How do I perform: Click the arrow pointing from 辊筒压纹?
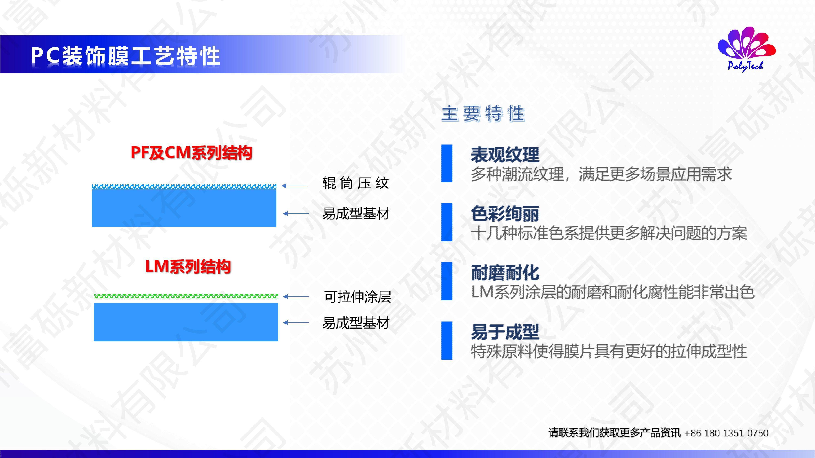point(295,186)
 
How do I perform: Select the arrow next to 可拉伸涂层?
point(296,297)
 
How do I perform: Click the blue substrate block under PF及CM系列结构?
point(184,208)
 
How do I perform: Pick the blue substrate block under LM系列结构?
point(186,322)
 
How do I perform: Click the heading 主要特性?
point(483,114)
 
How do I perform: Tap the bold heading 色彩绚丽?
point(505,214)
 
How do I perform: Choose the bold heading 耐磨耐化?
point(505,273)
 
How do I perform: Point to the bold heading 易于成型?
point(505,332)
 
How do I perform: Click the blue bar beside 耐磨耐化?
point(447,281)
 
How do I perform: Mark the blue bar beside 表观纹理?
point(447,163)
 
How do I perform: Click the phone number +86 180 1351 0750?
point(726,433)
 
